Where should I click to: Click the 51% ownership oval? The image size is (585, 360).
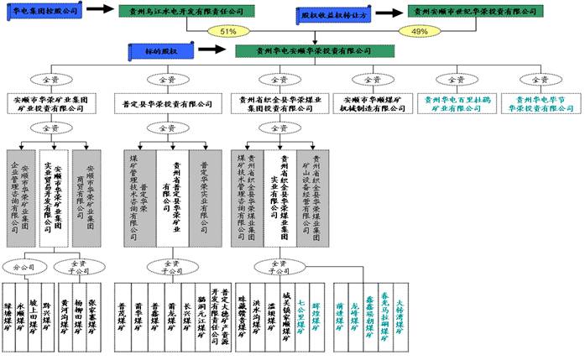227,31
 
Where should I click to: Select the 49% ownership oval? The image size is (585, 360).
418,31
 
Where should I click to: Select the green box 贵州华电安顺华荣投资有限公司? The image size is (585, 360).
314,50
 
